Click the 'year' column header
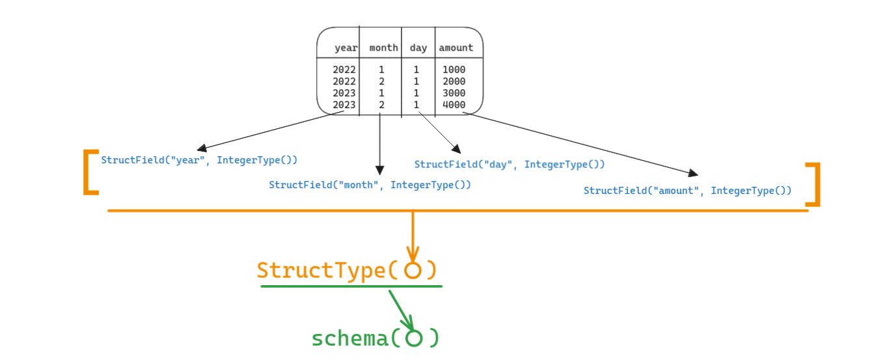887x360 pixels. (x=346, y=48)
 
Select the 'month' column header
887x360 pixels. (x=383, y=48)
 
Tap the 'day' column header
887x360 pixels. (x=418, y=48)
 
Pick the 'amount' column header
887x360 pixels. (x=456, y=48)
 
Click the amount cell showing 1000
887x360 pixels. (x=454, y=70)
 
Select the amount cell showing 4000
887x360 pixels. (x=454, y=105)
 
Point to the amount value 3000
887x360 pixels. (x=454, y=93)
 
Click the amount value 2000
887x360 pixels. (x=454, y=81)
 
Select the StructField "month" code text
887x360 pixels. (x=370, y=185)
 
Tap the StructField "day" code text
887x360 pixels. (x=510, y=165)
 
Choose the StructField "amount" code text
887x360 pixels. (x=687, y=191)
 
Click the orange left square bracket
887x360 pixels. (x=89, y=173)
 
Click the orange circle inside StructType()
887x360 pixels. (x=413, y=270)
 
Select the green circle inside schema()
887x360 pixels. (x=414, y=339)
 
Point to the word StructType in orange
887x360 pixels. (x=323, y=270)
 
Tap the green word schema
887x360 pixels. (x=349, y=339)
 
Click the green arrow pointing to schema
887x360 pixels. (x=402, y=311)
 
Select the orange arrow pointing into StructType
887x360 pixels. (x=413, y=236)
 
